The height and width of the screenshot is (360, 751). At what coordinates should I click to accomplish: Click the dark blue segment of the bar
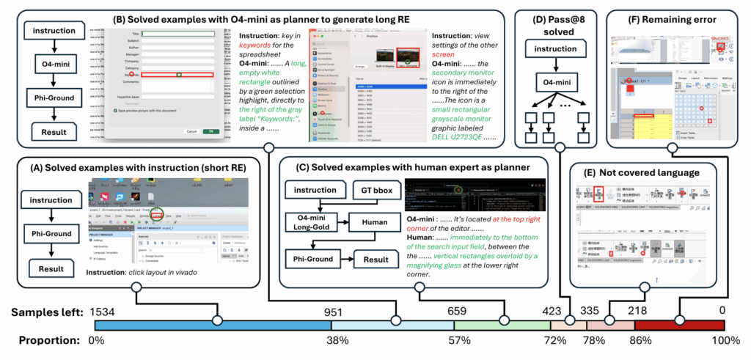[213, 326]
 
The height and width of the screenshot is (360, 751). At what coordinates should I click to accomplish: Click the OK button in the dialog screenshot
[211, 131]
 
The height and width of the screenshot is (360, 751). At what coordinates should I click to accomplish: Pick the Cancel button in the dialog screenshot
[191, 131]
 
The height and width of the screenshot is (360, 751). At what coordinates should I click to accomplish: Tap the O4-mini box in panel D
[560, 83]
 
